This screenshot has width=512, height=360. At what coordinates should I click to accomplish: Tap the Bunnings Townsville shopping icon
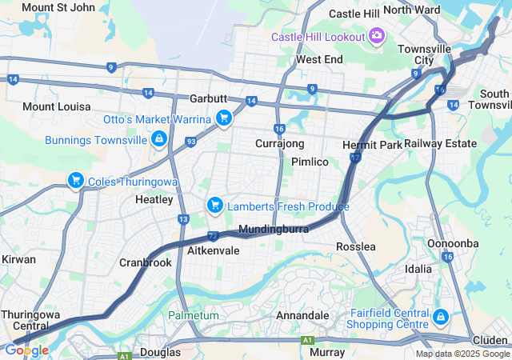pyautogui.click(x=159, y=139)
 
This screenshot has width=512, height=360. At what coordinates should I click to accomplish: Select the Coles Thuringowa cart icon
pyautogui.click(x=76, y=181)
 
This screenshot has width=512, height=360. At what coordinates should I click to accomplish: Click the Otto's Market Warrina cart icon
pyautogui.click(x=223, y=119)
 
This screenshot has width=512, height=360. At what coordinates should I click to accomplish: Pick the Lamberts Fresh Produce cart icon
pyautogui.click(x=214, y=206)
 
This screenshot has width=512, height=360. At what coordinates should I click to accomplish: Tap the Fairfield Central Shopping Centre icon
pyautogui.click(x=439, y=318)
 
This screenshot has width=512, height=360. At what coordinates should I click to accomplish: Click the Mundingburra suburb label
pyautogui.click(x=273, y=230)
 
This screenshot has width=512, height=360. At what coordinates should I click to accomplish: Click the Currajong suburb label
pyautogui.click(x=279, y=143)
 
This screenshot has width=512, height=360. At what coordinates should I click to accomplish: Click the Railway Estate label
pyautogui.click(x=440, y=143)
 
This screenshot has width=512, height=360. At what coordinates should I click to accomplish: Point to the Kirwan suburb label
pyautogui.click(x=18, y=260)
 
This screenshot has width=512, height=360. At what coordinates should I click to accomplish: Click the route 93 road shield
pyautogui.click(x=190, y=142)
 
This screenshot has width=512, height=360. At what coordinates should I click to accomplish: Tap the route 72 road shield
pyautogui.click(x=212, y=236)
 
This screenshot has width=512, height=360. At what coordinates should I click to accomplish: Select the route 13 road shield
pyautogui.click(x=183, y=219)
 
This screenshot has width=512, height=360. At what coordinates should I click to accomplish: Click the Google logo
pyautogui.click(x=26, y=350)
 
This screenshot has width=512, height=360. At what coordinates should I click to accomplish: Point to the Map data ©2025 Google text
pyautogui.click(x=462, y=354)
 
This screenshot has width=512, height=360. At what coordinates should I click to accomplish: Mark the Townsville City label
pyautogui.click(x=428, y=54)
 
